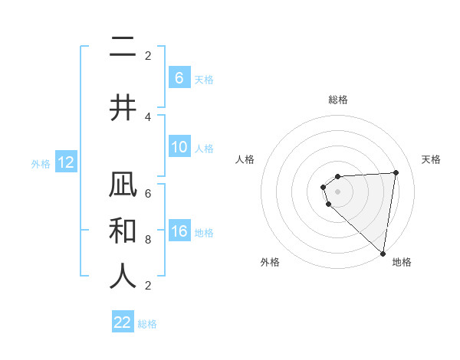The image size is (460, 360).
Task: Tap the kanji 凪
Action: (x=123, y=187)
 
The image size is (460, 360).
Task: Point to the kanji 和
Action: (x=123, y=231)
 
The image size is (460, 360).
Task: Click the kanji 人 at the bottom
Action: (x=123, y=276)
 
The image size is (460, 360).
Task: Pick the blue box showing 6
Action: (x=179, y=77)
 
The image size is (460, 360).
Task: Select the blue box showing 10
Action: (x=179, y=147)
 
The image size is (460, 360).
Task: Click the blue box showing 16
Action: (x=179, y=231)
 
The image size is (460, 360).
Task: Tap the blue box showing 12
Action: (x=65, y=162)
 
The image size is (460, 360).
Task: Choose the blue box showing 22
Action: (x=123, y=322)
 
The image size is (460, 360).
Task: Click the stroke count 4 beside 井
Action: (x=148, y=117)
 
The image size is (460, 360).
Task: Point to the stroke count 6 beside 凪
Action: (x=148, y=194)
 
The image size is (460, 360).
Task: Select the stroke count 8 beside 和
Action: (x=148, y=239)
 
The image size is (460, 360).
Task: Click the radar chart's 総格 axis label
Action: (x=338, y=100)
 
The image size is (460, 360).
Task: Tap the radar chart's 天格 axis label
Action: (x=432, y=159)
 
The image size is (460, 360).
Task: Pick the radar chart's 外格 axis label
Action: (x=270, y=262)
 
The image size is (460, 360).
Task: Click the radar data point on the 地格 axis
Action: (x=383, y=253)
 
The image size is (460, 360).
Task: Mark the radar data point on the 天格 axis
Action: (x=396, y=172)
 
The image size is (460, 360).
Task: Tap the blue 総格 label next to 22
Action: (x=147, y=323)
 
